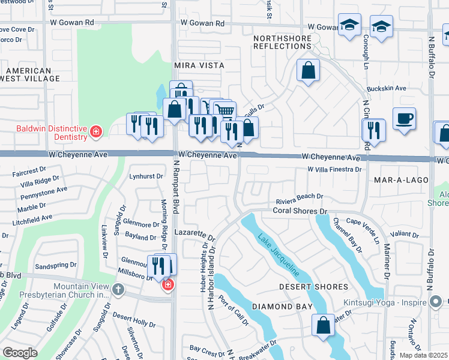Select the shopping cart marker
coord(224,110)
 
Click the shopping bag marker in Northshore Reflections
coord(308,71)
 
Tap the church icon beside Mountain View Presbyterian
coord(118,290)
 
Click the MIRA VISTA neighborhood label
coord(199,65)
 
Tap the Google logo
coord(20,352)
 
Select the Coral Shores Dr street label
coord(300,211)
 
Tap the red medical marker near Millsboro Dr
coord(167,284)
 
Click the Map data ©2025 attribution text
coord(424,355)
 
